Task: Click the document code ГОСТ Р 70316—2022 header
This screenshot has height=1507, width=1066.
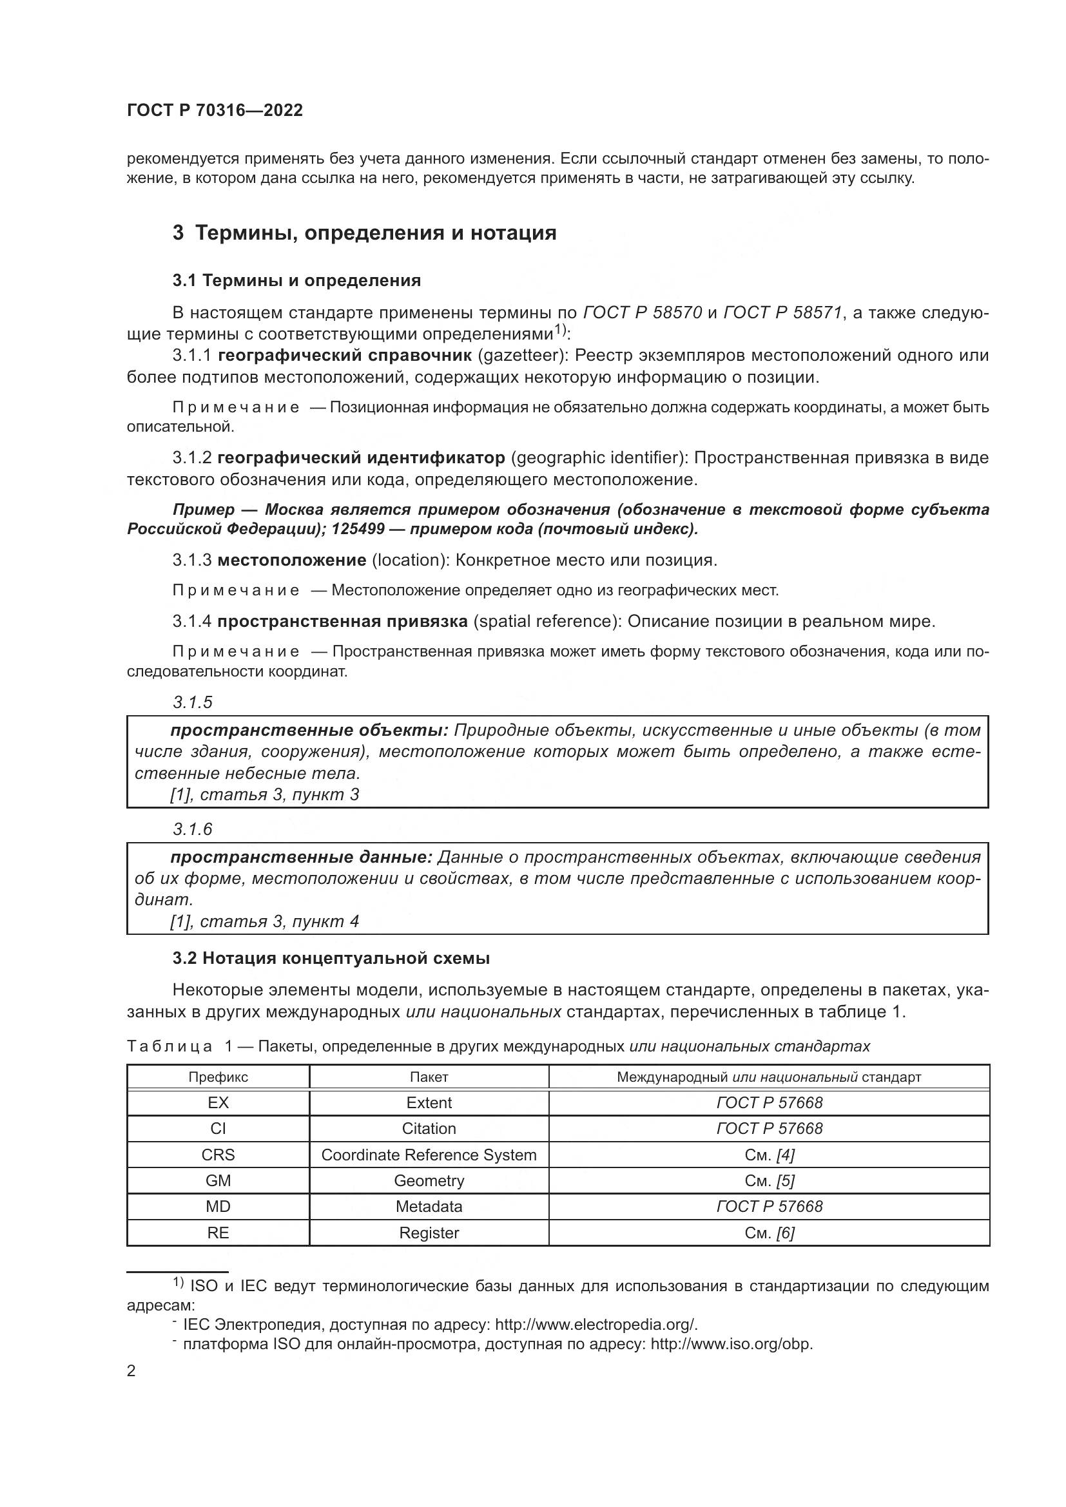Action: (215, 110)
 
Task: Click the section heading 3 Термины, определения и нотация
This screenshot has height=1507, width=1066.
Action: (364, 233)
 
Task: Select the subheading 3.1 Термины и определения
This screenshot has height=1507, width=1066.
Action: (296, 280)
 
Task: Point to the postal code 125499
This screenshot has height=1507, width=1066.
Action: (358, 529)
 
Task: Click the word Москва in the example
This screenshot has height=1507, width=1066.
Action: (296, 510)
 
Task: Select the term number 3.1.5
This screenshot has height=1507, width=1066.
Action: (192, 702)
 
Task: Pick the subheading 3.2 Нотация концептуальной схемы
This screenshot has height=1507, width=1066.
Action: (331, 957)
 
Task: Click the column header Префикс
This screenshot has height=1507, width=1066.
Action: (218, 1077)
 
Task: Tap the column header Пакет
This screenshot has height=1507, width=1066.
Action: (429, 1077)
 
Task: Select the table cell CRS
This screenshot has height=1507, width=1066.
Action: (218, 1155)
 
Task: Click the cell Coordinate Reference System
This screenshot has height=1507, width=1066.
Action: (429, 1155)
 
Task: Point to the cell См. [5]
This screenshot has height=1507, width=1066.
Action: (769, 1181)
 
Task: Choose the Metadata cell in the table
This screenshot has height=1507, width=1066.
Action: (429, 1206)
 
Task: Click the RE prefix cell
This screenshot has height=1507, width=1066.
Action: (218, 1233)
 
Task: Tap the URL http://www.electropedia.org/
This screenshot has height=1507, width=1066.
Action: (596, 1325)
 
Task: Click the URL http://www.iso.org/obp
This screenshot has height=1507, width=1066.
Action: (732, 1344)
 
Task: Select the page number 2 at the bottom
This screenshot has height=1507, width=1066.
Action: (131, 1370)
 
